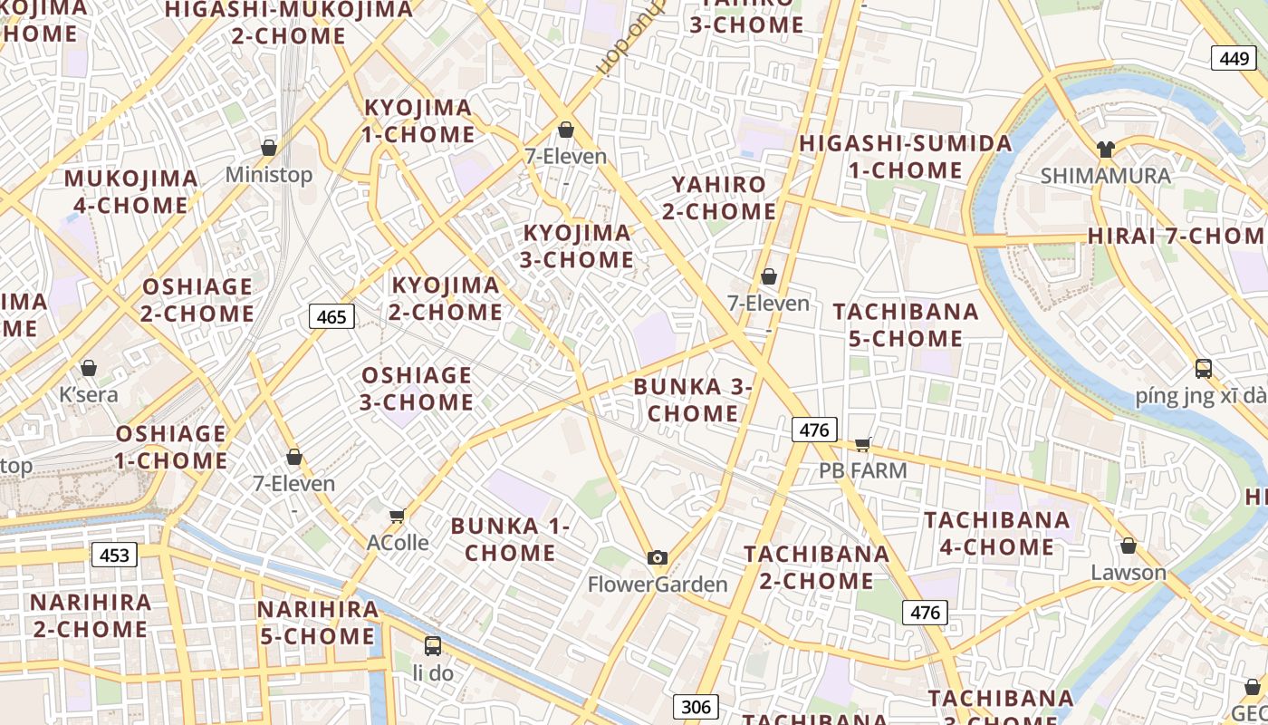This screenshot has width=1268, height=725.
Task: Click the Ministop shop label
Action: (268, 174)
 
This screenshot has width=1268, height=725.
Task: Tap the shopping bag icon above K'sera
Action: (89, 368)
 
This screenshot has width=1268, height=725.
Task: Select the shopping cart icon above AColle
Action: (397, 517)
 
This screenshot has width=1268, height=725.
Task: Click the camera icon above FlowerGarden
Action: (658, 557)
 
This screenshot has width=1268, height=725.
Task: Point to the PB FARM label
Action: (862, 470)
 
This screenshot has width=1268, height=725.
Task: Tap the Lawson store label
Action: (1129, 573)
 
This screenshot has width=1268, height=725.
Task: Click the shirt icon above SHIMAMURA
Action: (1105, 150)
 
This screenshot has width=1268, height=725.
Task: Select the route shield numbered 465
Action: (331, 316)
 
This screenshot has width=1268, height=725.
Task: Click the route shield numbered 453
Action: (114, 555)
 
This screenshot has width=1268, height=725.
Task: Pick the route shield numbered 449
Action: (1234, 58)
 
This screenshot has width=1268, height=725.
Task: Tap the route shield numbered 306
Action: (696, 707)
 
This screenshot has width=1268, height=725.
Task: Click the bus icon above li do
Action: (433, 646)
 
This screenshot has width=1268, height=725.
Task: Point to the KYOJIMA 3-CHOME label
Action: (578, 246)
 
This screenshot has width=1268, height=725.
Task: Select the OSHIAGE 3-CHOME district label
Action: (417, 389)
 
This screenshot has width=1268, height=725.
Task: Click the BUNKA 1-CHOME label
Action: (511, 539)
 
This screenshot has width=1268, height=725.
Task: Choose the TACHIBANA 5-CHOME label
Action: (906, 325)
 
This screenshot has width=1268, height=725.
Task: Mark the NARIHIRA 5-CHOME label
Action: (317, 623)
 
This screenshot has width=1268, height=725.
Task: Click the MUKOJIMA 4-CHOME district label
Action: (130, 192)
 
